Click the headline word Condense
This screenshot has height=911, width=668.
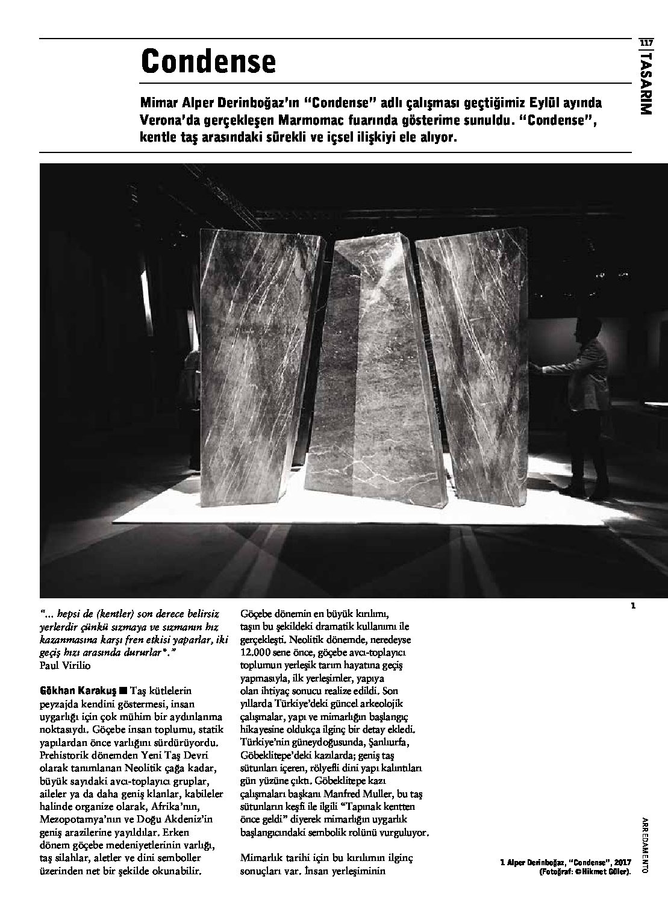[x=208, y=61]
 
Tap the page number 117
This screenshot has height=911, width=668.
[x=646, y=43]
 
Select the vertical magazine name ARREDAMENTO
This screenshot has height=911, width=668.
[x=645, y=850]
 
